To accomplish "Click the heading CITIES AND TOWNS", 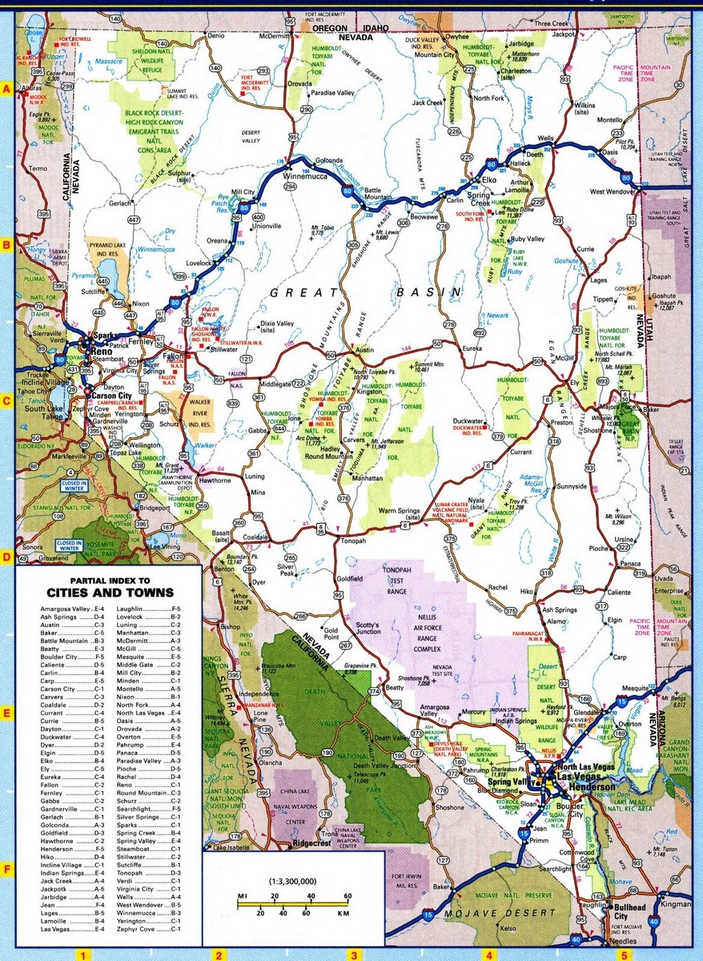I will coord(110,592).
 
